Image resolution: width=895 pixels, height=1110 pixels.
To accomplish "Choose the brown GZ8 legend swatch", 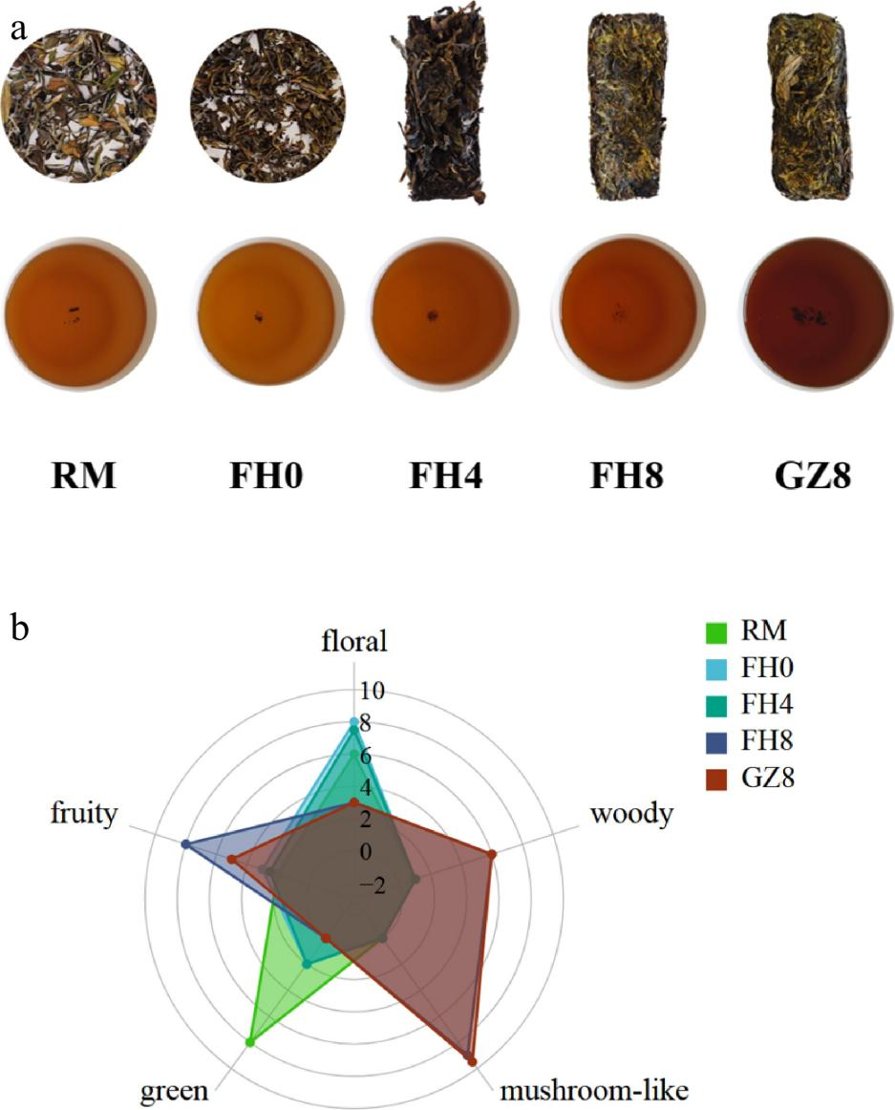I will click(717, 779).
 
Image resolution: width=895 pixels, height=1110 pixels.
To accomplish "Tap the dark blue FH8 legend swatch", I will click(717, 742).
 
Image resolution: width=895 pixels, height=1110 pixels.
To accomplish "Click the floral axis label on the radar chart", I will click(353, 642).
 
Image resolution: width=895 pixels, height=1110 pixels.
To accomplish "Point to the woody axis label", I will click(631, 815).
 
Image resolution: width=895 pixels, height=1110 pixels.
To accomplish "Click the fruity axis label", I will click(85, 815).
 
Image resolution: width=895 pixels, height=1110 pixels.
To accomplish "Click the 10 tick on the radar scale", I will click(372, 690).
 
